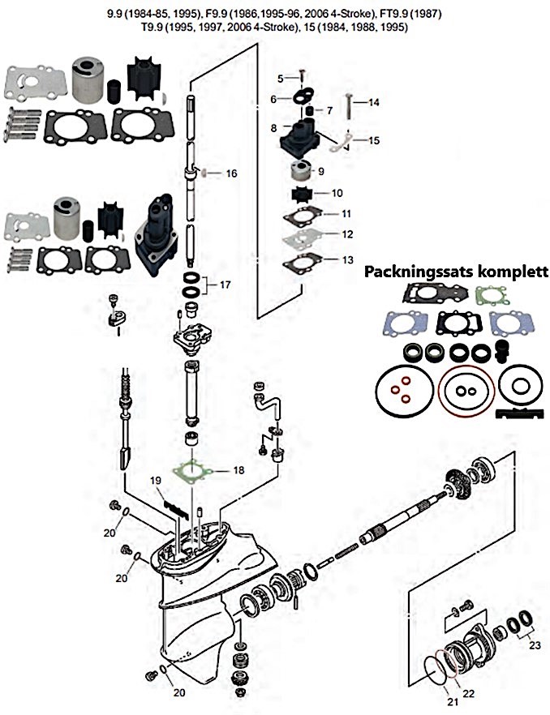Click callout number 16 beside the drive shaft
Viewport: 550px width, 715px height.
(x=231, y=173)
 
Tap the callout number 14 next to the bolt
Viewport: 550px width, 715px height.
(x=374, y=103)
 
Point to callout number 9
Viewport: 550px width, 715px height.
(x=320, y=171)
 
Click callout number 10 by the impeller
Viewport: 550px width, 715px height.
(x=337, y=193)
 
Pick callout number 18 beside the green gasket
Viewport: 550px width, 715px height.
(x=238, y=469)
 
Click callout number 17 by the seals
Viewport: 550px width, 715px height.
(x=226, y=285)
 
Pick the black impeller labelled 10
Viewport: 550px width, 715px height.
(x=306, y=195)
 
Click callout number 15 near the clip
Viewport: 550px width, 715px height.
(x=374, y=140)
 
